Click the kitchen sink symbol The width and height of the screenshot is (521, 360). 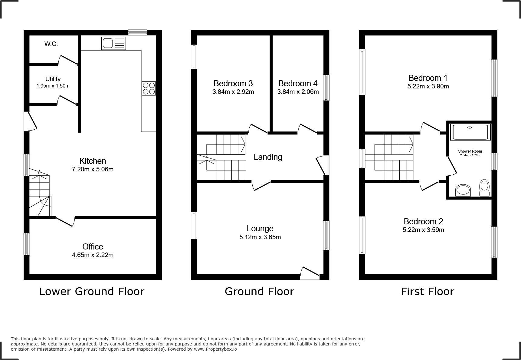[x=113, y=43]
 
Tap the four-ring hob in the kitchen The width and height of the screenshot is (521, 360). [x=149, y=88]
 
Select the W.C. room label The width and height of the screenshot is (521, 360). [x=51, y=44]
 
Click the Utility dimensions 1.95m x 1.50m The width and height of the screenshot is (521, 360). [x=53, y=86]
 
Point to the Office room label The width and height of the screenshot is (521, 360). [x=93, y=246]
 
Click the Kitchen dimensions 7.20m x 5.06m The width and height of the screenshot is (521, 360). [x=93, y=170]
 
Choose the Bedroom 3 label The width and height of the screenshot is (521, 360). [x=233, y=83]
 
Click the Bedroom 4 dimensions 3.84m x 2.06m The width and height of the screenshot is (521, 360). [x=298, y=92]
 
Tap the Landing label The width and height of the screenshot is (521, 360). [x=268, y=157]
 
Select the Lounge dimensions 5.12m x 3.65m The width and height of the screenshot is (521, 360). [x=260, y=237]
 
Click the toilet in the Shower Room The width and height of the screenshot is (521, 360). [x=484, y=188]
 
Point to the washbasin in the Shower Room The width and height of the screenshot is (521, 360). [x=463, y=190]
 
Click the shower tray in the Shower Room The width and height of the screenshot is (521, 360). [x=470, y=132]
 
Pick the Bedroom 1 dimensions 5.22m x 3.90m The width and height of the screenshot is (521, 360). [x=428, y=87]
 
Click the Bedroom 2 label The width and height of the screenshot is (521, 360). [x=423, y=221]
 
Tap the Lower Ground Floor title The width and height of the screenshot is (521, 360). [x=92, y=292]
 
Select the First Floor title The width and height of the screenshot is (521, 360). [x=427, y=292]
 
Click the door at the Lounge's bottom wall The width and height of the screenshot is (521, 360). [x=310, y=273]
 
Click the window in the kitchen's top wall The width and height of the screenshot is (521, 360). [x=138, y=32]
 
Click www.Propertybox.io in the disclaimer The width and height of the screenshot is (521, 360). [x=215, y=349]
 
